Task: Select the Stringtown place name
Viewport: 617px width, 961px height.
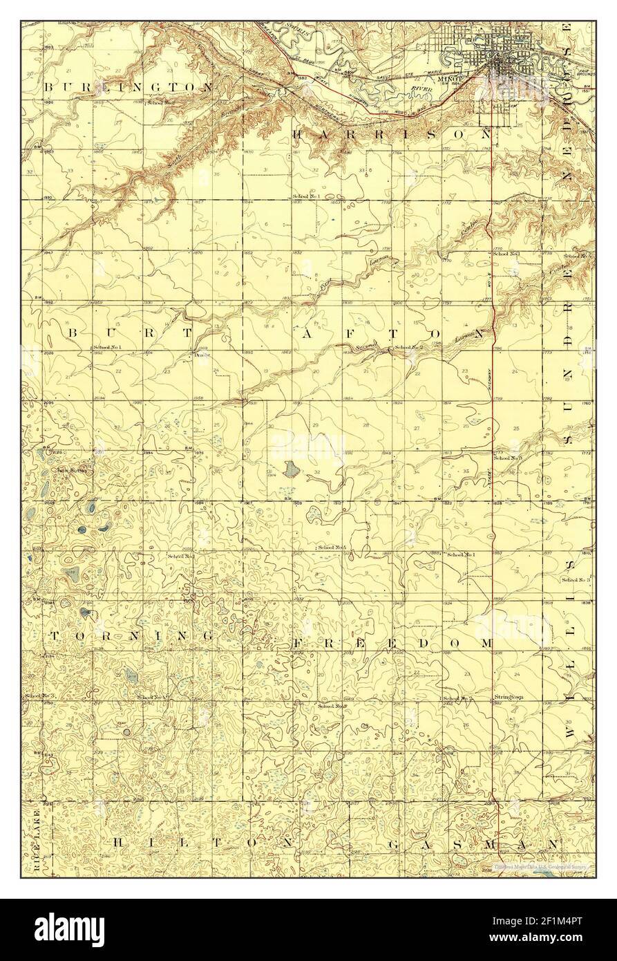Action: click(x=508, y=698)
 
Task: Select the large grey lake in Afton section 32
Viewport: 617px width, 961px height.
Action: click(x=291, y=469)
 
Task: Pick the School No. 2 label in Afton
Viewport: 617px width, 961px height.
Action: click(x=408, y=347)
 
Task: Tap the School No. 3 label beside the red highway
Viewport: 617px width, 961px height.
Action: click(x=508, y=458)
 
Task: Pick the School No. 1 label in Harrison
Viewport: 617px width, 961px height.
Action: click(x=305, y=196)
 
